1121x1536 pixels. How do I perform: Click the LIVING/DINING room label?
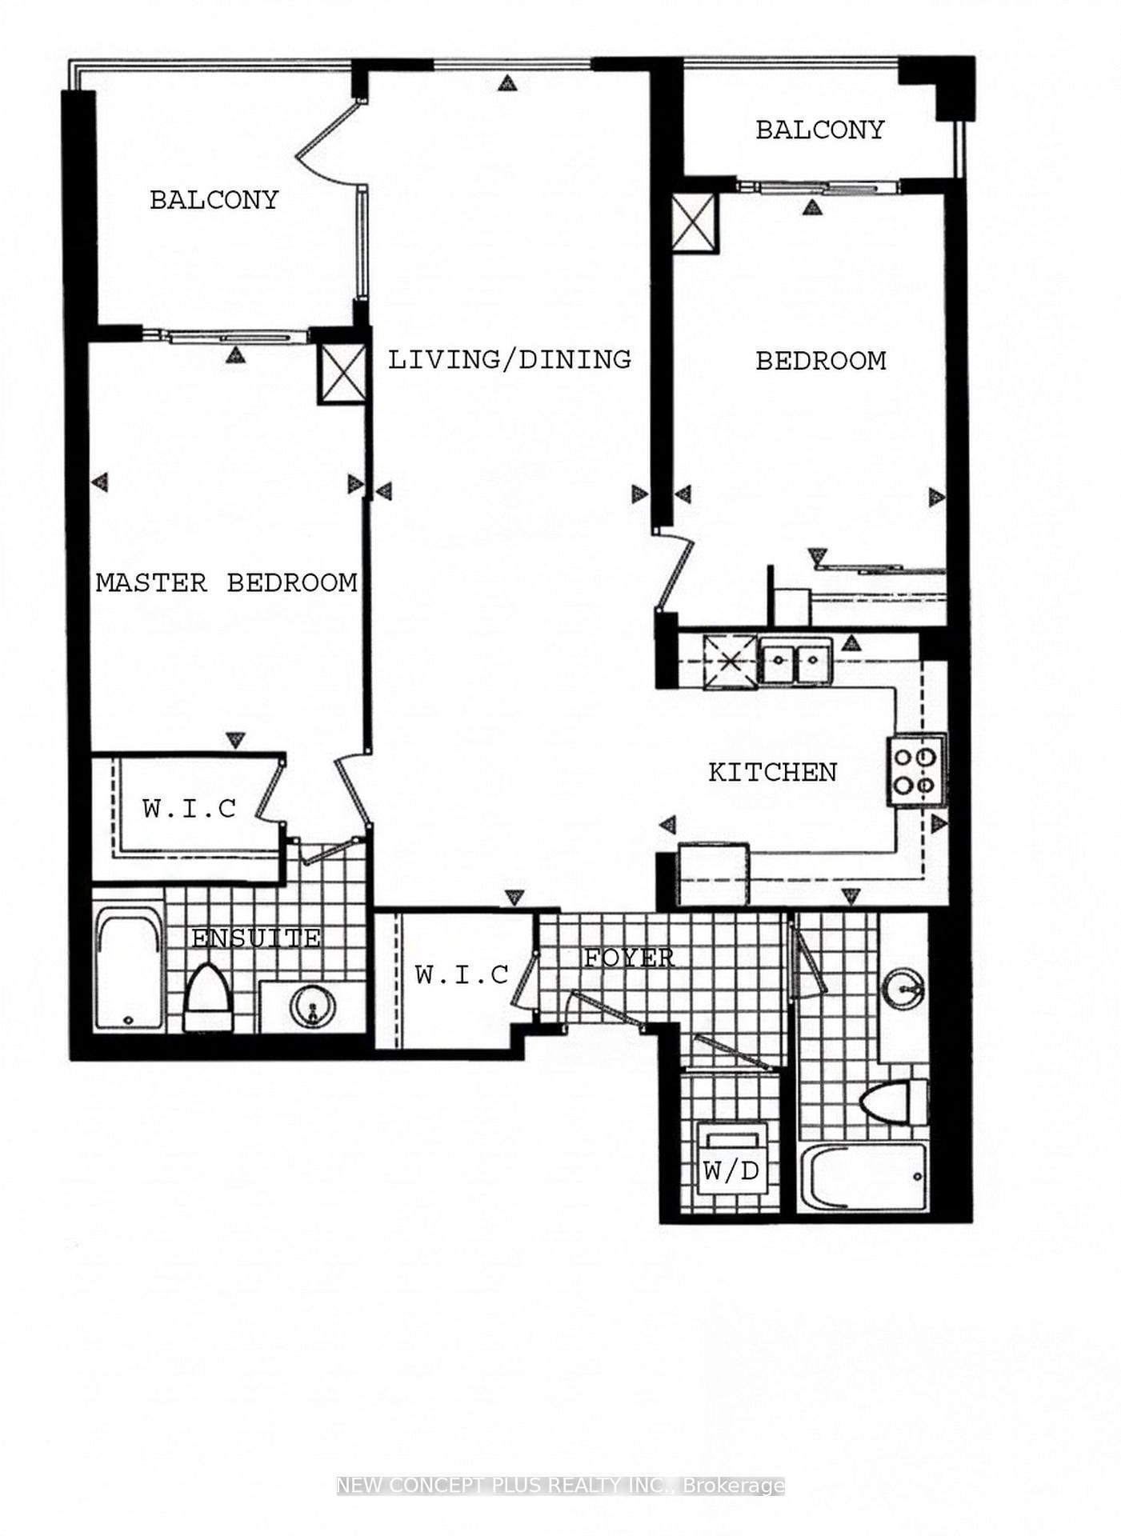510,360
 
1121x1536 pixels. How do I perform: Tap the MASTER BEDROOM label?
226,582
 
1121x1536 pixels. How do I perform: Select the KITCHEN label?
772,772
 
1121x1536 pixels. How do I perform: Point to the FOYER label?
628,958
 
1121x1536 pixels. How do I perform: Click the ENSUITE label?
256,938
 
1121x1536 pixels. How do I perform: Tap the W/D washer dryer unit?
731,1159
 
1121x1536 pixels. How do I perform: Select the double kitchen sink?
795,661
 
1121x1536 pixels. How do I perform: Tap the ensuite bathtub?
129,970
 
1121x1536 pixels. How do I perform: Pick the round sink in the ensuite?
311,1006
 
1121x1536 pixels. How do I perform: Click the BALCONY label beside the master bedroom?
214,200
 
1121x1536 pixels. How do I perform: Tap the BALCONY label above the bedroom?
819,130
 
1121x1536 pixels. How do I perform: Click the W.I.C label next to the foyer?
462,974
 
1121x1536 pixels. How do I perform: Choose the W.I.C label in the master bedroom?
190,809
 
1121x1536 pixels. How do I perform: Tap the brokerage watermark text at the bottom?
560,1486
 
